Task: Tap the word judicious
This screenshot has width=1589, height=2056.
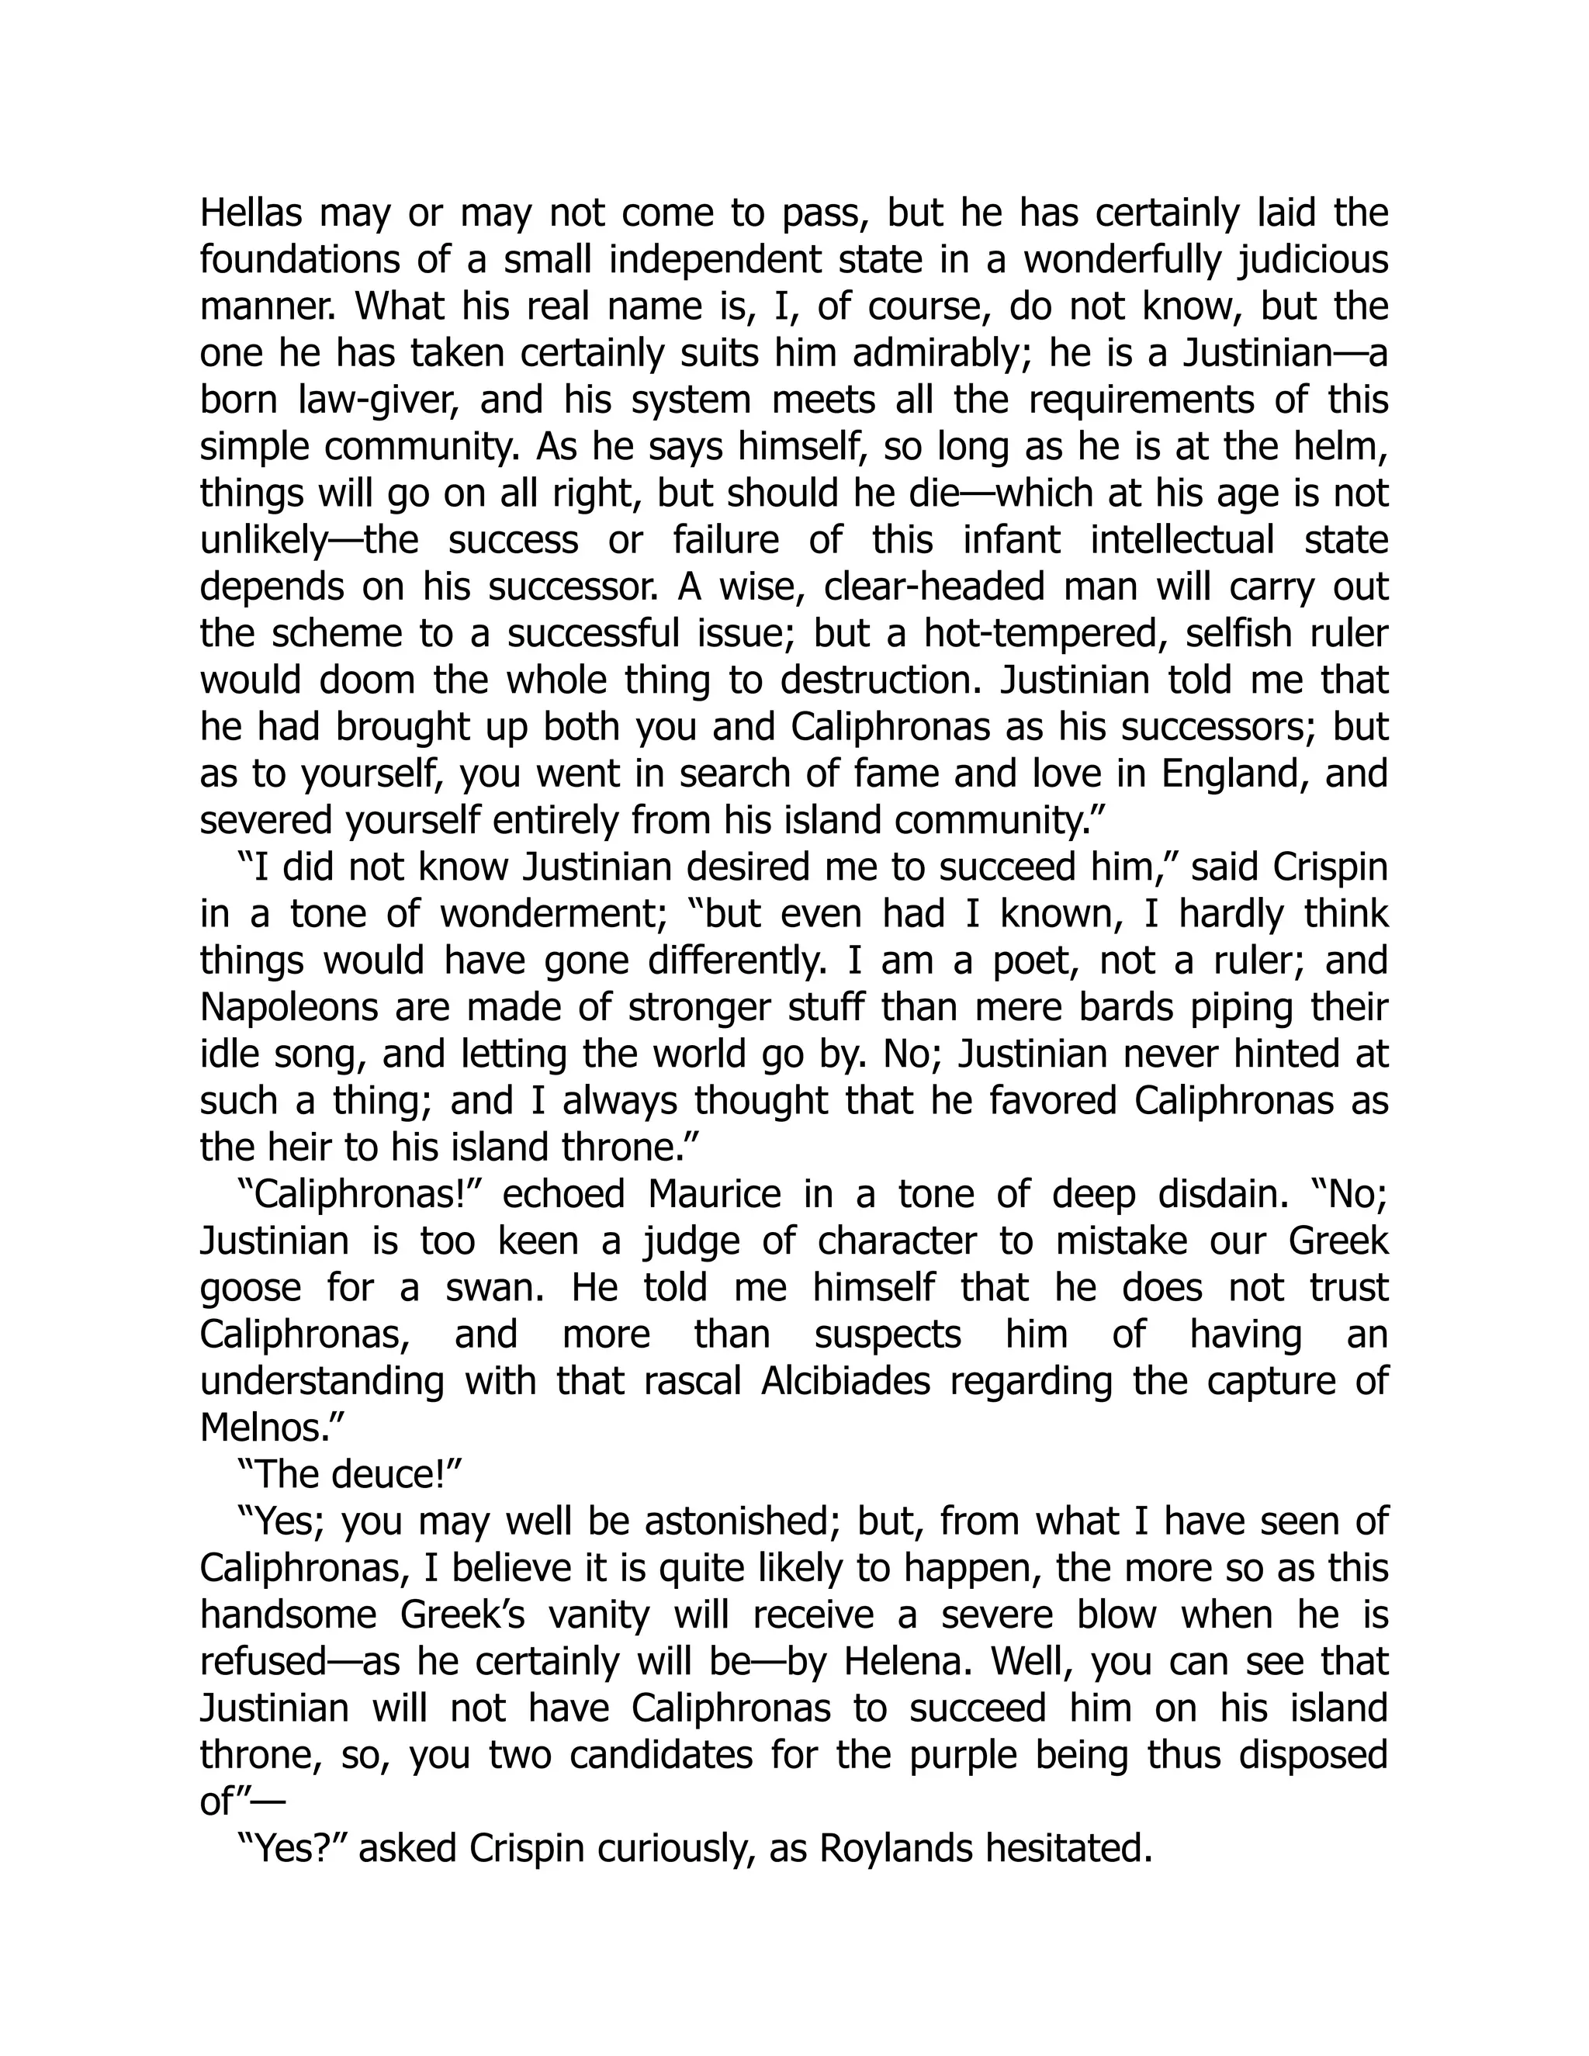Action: [1312, 261]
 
